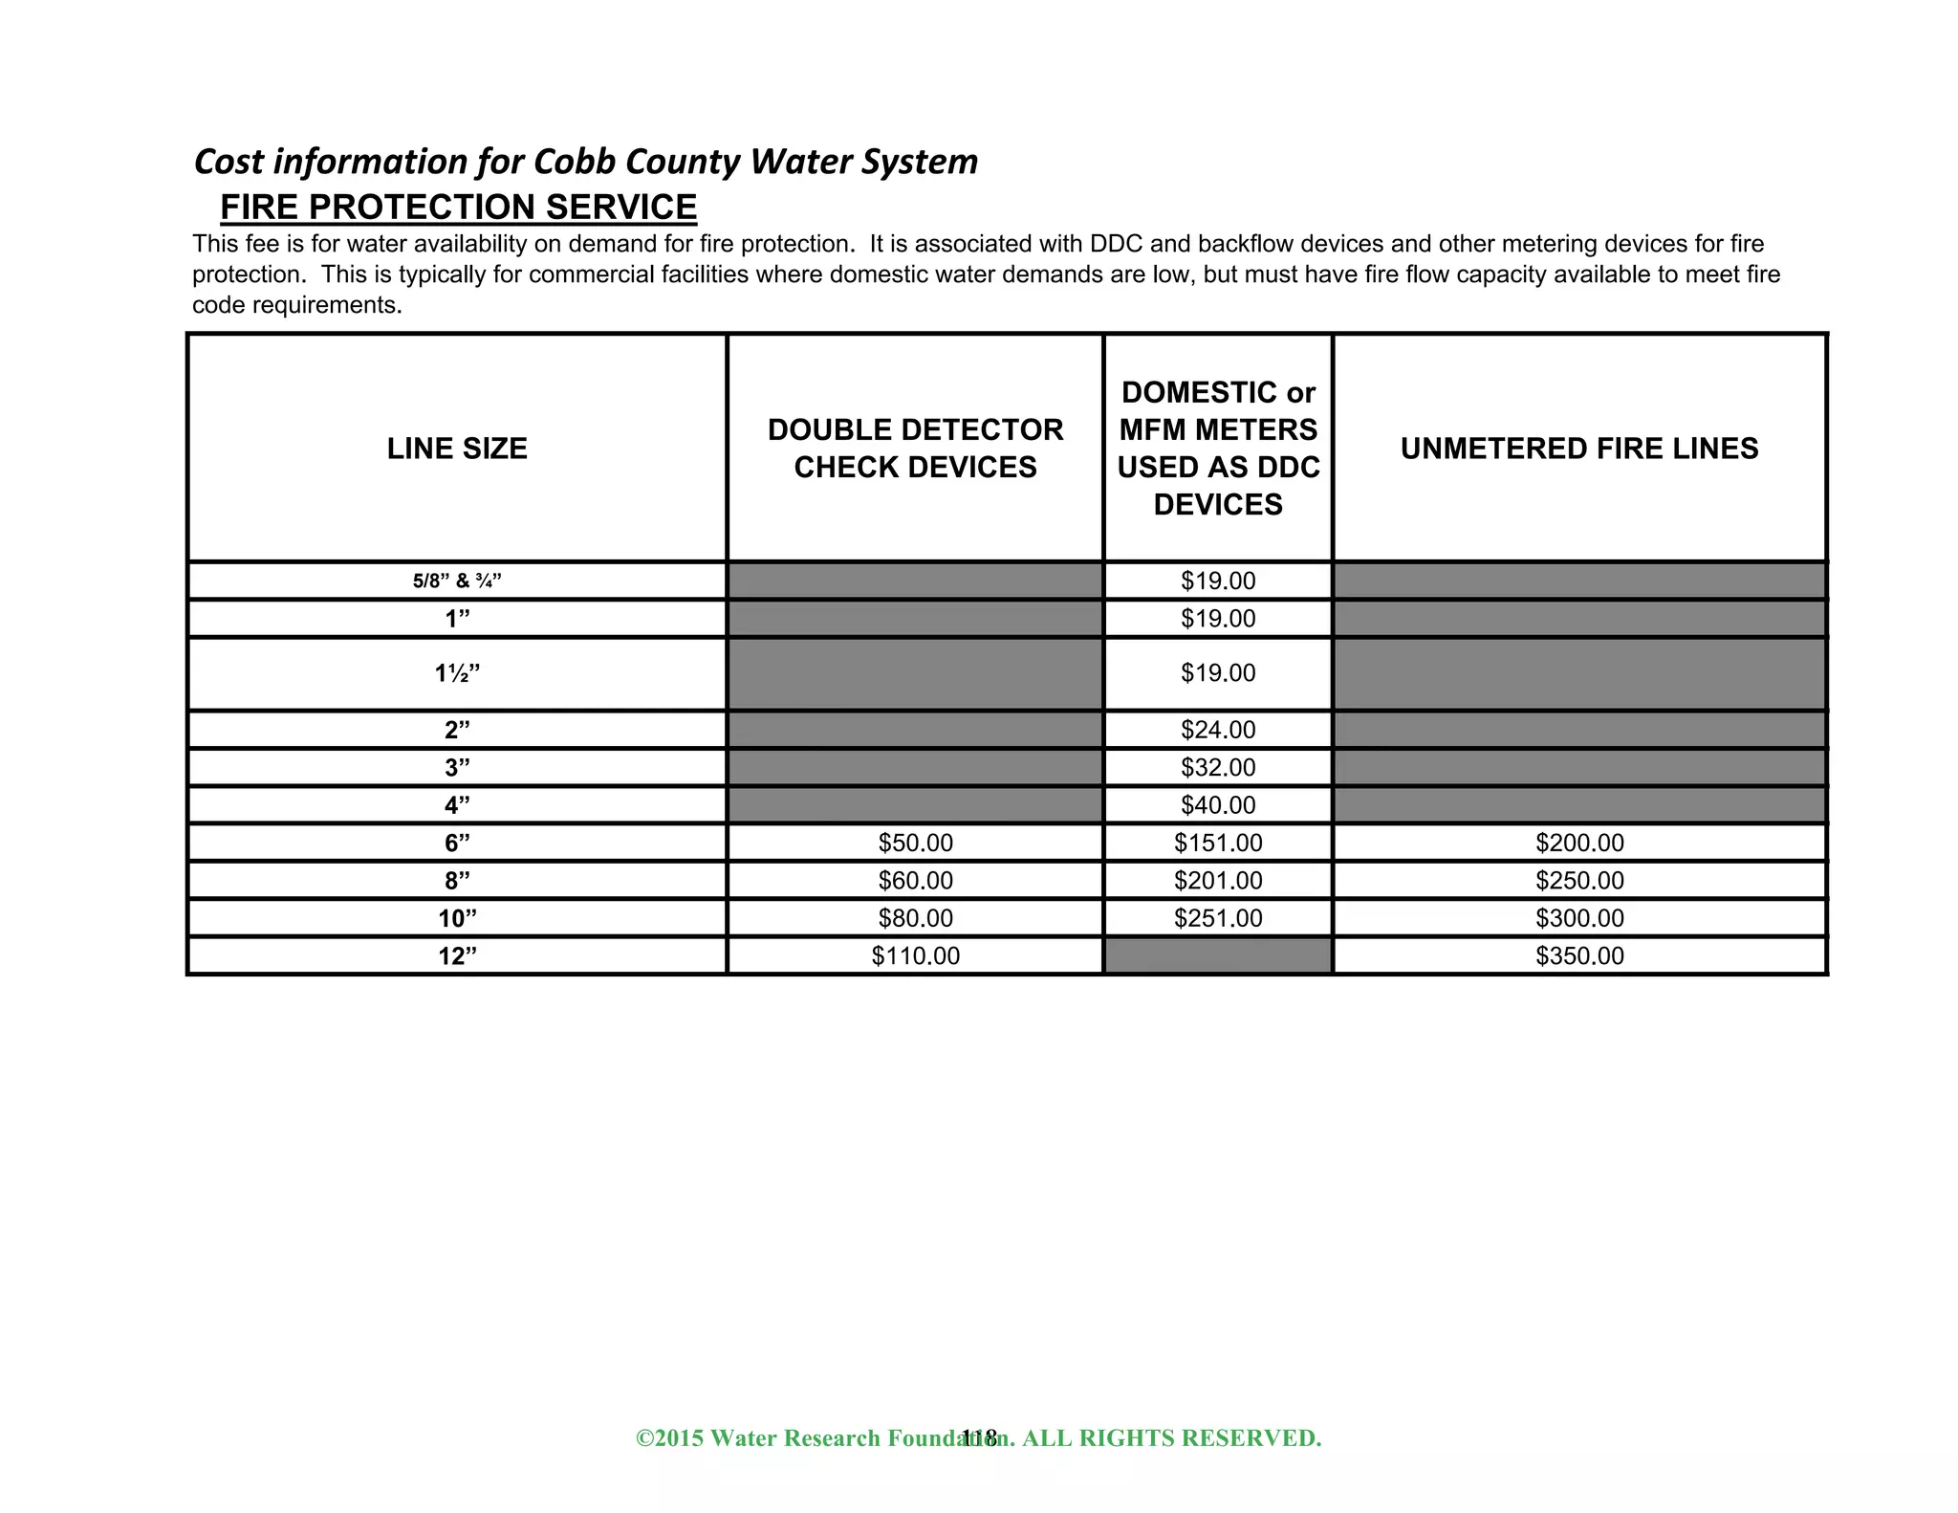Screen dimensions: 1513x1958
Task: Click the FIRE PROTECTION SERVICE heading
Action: click(x=458, y=208)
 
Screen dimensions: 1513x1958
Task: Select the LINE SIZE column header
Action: click(x=457, y=449)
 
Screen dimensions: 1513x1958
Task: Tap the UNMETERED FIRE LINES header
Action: click(x=1578, y=449)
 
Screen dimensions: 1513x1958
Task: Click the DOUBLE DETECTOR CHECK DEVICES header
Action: click(x=915, y=449)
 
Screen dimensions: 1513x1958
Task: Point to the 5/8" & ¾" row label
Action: click(x=457, y=581)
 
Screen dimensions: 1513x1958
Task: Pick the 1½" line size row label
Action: click(x=457, y=673)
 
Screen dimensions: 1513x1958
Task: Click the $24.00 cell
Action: click(x=1217, y=730)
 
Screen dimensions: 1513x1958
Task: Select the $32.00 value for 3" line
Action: click(x=1217, y=767)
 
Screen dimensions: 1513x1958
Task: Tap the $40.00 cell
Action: click(x=1217, y=805)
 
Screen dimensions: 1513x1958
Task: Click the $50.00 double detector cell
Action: click(x=915, y=843)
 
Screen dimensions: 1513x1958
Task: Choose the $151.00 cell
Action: click(x=1217, y=843)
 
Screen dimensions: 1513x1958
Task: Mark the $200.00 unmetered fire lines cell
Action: click(x=1579, y=843)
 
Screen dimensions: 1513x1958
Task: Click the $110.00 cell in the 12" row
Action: click(x=915, y=955)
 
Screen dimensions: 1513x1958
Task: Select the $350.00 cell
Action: click(x=1579, y=955)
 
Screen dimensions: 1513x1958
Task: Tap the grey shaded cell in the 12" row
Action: click(x=1217, y=955)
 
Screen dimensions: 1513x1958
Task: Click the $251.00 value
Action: click(x=1217, y=918)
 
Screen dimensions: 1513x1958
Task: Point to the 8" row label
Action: click(x=457, y=881)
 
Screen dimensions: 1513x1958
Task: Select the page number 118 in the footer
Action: click(x=979, y=1437)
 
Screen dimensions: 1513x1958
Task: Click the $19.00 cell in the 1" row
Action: click(x=1217, y=619)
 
